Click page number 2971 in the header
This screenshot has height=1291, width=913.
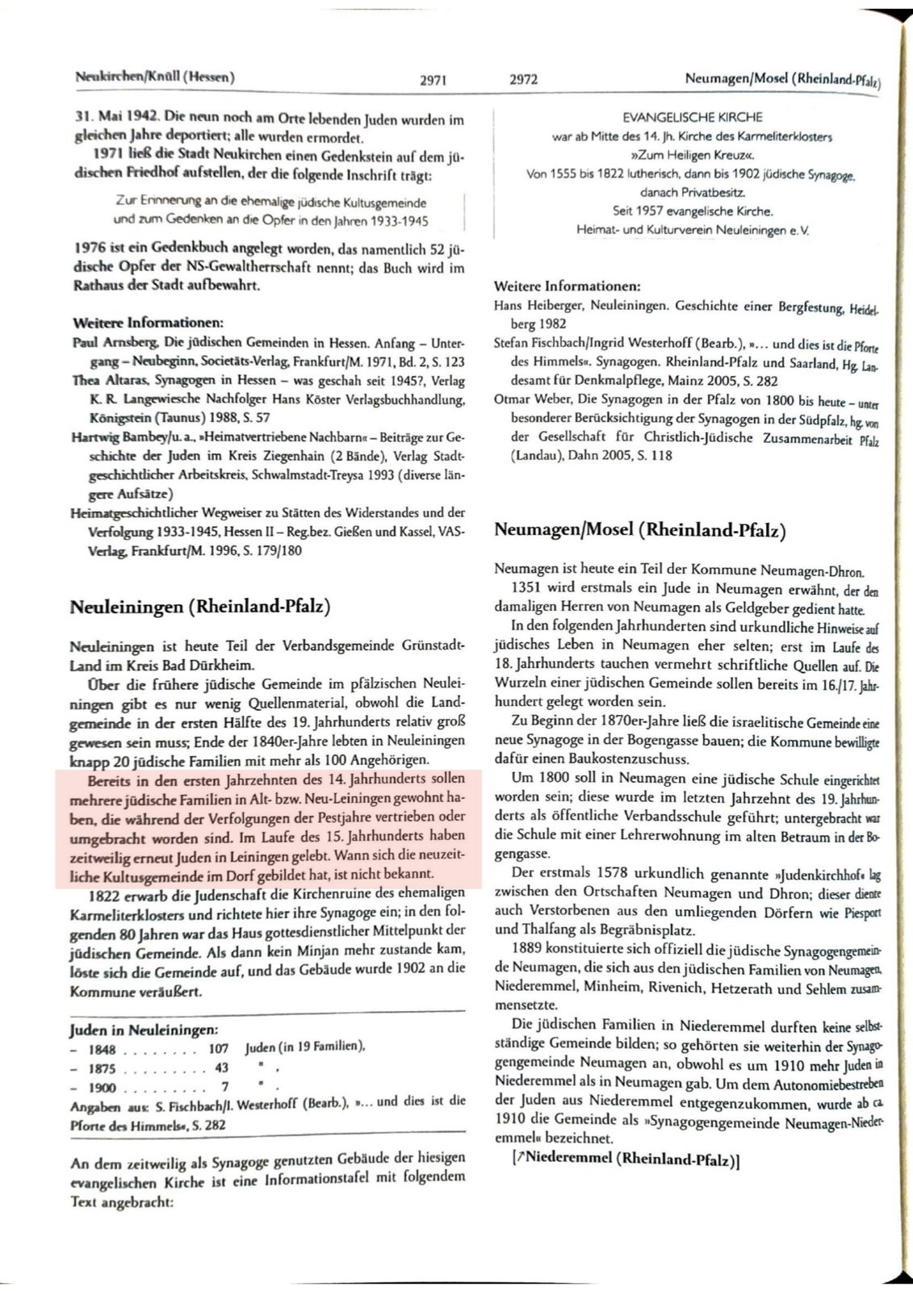click(x=433, y=80)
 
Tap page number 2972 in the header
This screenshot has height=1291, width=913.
click(x=524, y=80)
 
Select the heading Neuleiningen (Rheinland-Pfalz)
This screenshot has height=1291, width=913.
click(x=200, y=607)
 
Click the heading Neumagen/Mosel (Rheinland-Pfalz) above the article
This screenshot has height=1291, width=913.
click(x=639, y=530)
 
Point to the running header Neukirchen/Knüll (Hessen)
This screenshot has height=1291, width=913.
click(x=154, y=77)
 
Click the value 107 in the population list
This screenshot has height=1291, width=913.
click(x=218, y=1049)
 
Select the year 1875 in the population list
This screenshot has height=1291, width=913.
click(x=103, y=1067)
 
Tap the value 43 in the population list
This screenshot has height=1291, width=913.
click(x=221, y=1067)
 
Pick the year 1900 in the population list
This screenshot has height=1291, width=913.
click(x=103, y=1087)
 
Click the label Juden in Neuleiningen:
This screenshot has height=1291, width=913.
click(x=143, y=1030)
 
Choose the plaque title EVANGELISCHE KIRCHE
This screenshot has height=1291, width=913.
click(x=692, y=118)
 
